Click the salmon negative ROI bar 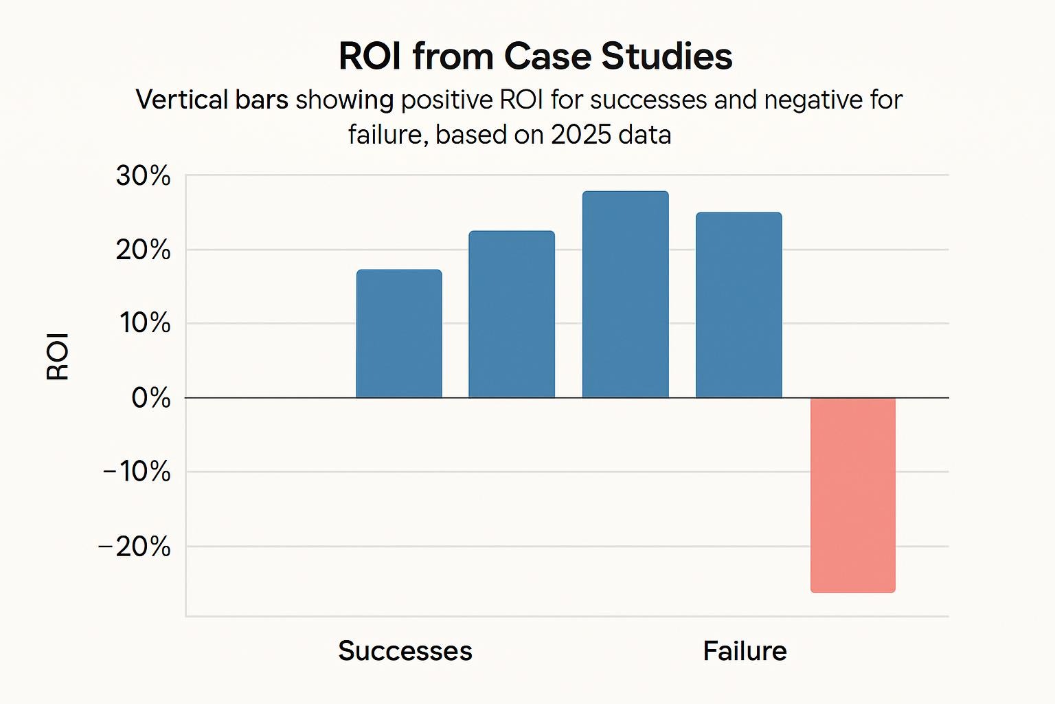coord(853,494)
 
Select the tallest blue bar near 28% coord(625,295)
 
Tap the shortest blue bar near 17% coord(399,334)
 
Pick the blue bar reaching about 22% coord(512,314)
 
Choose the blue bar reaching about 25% coord(739,305)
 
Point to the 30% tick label coord(143,176)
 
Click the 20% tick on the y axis coord(143,250)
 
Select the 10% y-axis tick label coord(145,323)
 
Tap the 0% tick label coord(150,397)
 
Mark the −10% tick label coord(137,472)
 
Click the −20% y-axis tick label coord(135,547)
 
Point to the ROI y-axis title coord(58,356)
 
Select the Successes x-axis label coord(405,651)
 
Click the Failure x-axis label coord(745,651)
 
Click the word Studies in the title coord(667,56)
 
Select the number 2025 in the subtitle coord(580,135)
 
